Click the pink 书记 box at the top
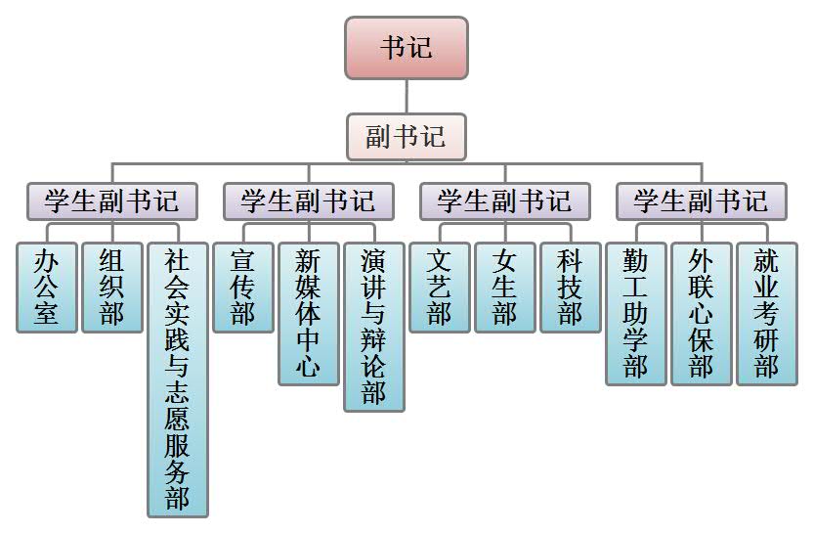(x=407, y=48)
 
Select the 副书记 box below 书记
(x=407, y=137)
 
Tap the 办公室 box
(x=47, y=288)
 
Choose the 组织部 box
(x=112, y=288)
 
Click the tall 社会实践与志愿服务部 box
(x=178, y=379)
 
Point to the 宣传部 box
(x=243, y=288)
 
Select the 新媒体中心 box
(x=309, y=313)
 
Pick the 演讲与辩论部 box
(x=374, y=327)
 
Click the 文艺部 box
(x=440, y=288)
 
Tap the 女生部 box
(x=505, y=288)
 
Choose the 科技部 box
(x=571, y=288)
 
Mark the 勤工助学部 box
(x=636, y=313)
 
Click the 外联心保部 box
(x=702, y=313)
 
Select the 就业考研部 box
(x=767, y=313)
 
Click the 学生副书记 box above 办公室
(x=112, y=201)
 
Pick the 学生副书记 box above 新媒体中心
(x=309, y=201)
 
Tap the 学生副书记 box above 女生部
(x=505, y=201)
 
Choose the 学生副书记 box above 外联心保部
(x=702, y=201)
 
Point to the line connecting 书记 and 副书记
(x=407, y=97)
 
